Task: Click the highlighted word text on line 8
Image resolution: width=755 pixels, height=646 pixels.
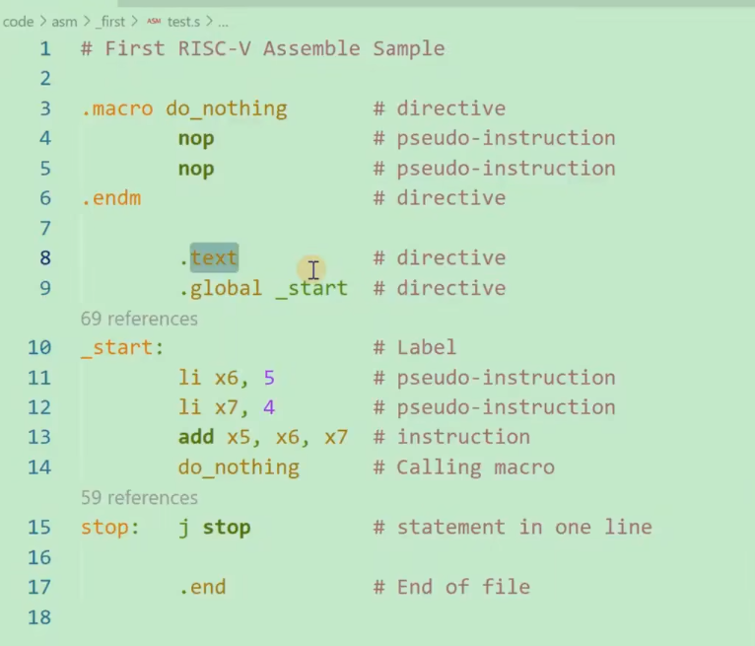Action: pos(214,258)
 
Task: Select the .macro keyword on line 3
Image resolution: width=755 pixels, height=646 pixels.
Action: pos(116,108)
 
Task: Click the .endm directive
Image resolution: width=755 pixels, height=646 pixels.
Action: pos(110,198)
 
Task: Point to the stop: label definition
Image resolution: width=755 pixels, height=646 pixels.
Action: pos(104,528)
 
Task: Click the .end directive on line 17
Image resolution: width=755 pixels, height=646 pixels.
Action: pos(202,588)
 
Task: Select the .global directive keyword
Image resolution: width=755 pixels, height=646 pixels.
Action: pos(220,288)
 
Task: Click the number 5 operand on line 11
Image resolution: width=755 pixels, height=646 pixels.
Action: pos(269,378)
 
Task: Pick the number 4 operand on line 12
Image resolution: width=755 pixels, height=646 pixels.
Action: pos(269,407)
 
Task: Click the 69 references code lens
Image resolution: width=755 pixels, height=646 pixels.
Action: pos(139,319)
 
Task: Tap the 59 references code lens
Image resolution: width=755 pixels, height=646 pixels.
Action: pos(139,498)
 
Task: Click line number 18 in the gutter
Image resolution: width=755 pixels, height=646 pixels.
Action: pos(39,617)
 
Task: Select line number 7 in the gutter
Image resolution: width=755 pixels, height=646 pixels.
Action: pos(44,228)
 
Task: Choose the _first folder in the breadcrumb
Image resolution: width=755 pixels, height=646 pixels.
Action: pos(110,21)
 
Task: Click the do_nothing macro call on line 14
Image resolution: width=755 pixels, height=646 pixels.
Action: pos(239,467)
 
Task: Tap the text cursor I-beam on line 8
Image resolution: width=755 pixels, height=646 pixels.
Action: pos(312,269)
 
